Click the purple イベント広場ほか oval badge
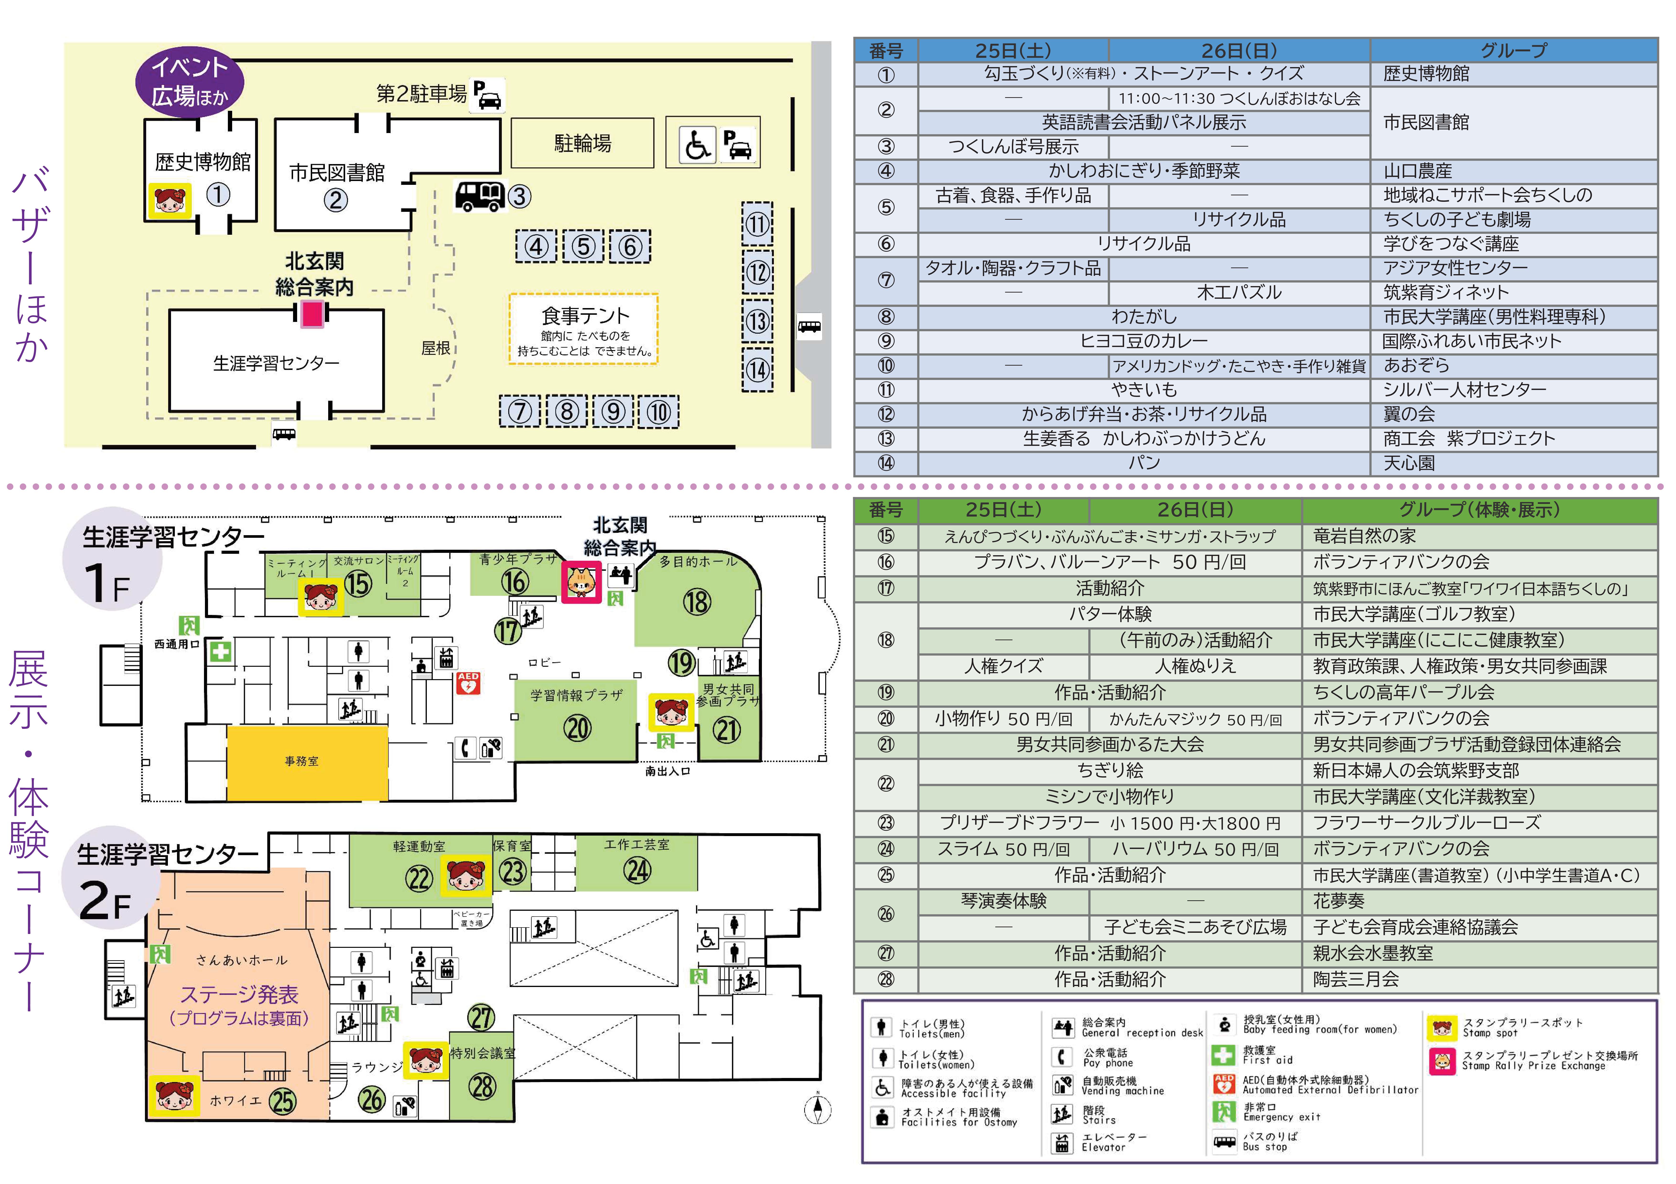(x=189, y=82)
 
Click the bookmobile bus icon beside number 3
(x=480, y=196)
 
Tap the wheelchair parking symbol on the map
(x=697, y=144)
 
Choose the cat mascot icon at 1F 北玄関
(x=581, y=582)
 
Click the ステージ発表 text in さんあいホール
(x=239, y=994)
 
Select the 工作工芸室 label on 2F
(x=637, y=845)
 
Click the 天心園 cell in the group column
(x=1409, y=463)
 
